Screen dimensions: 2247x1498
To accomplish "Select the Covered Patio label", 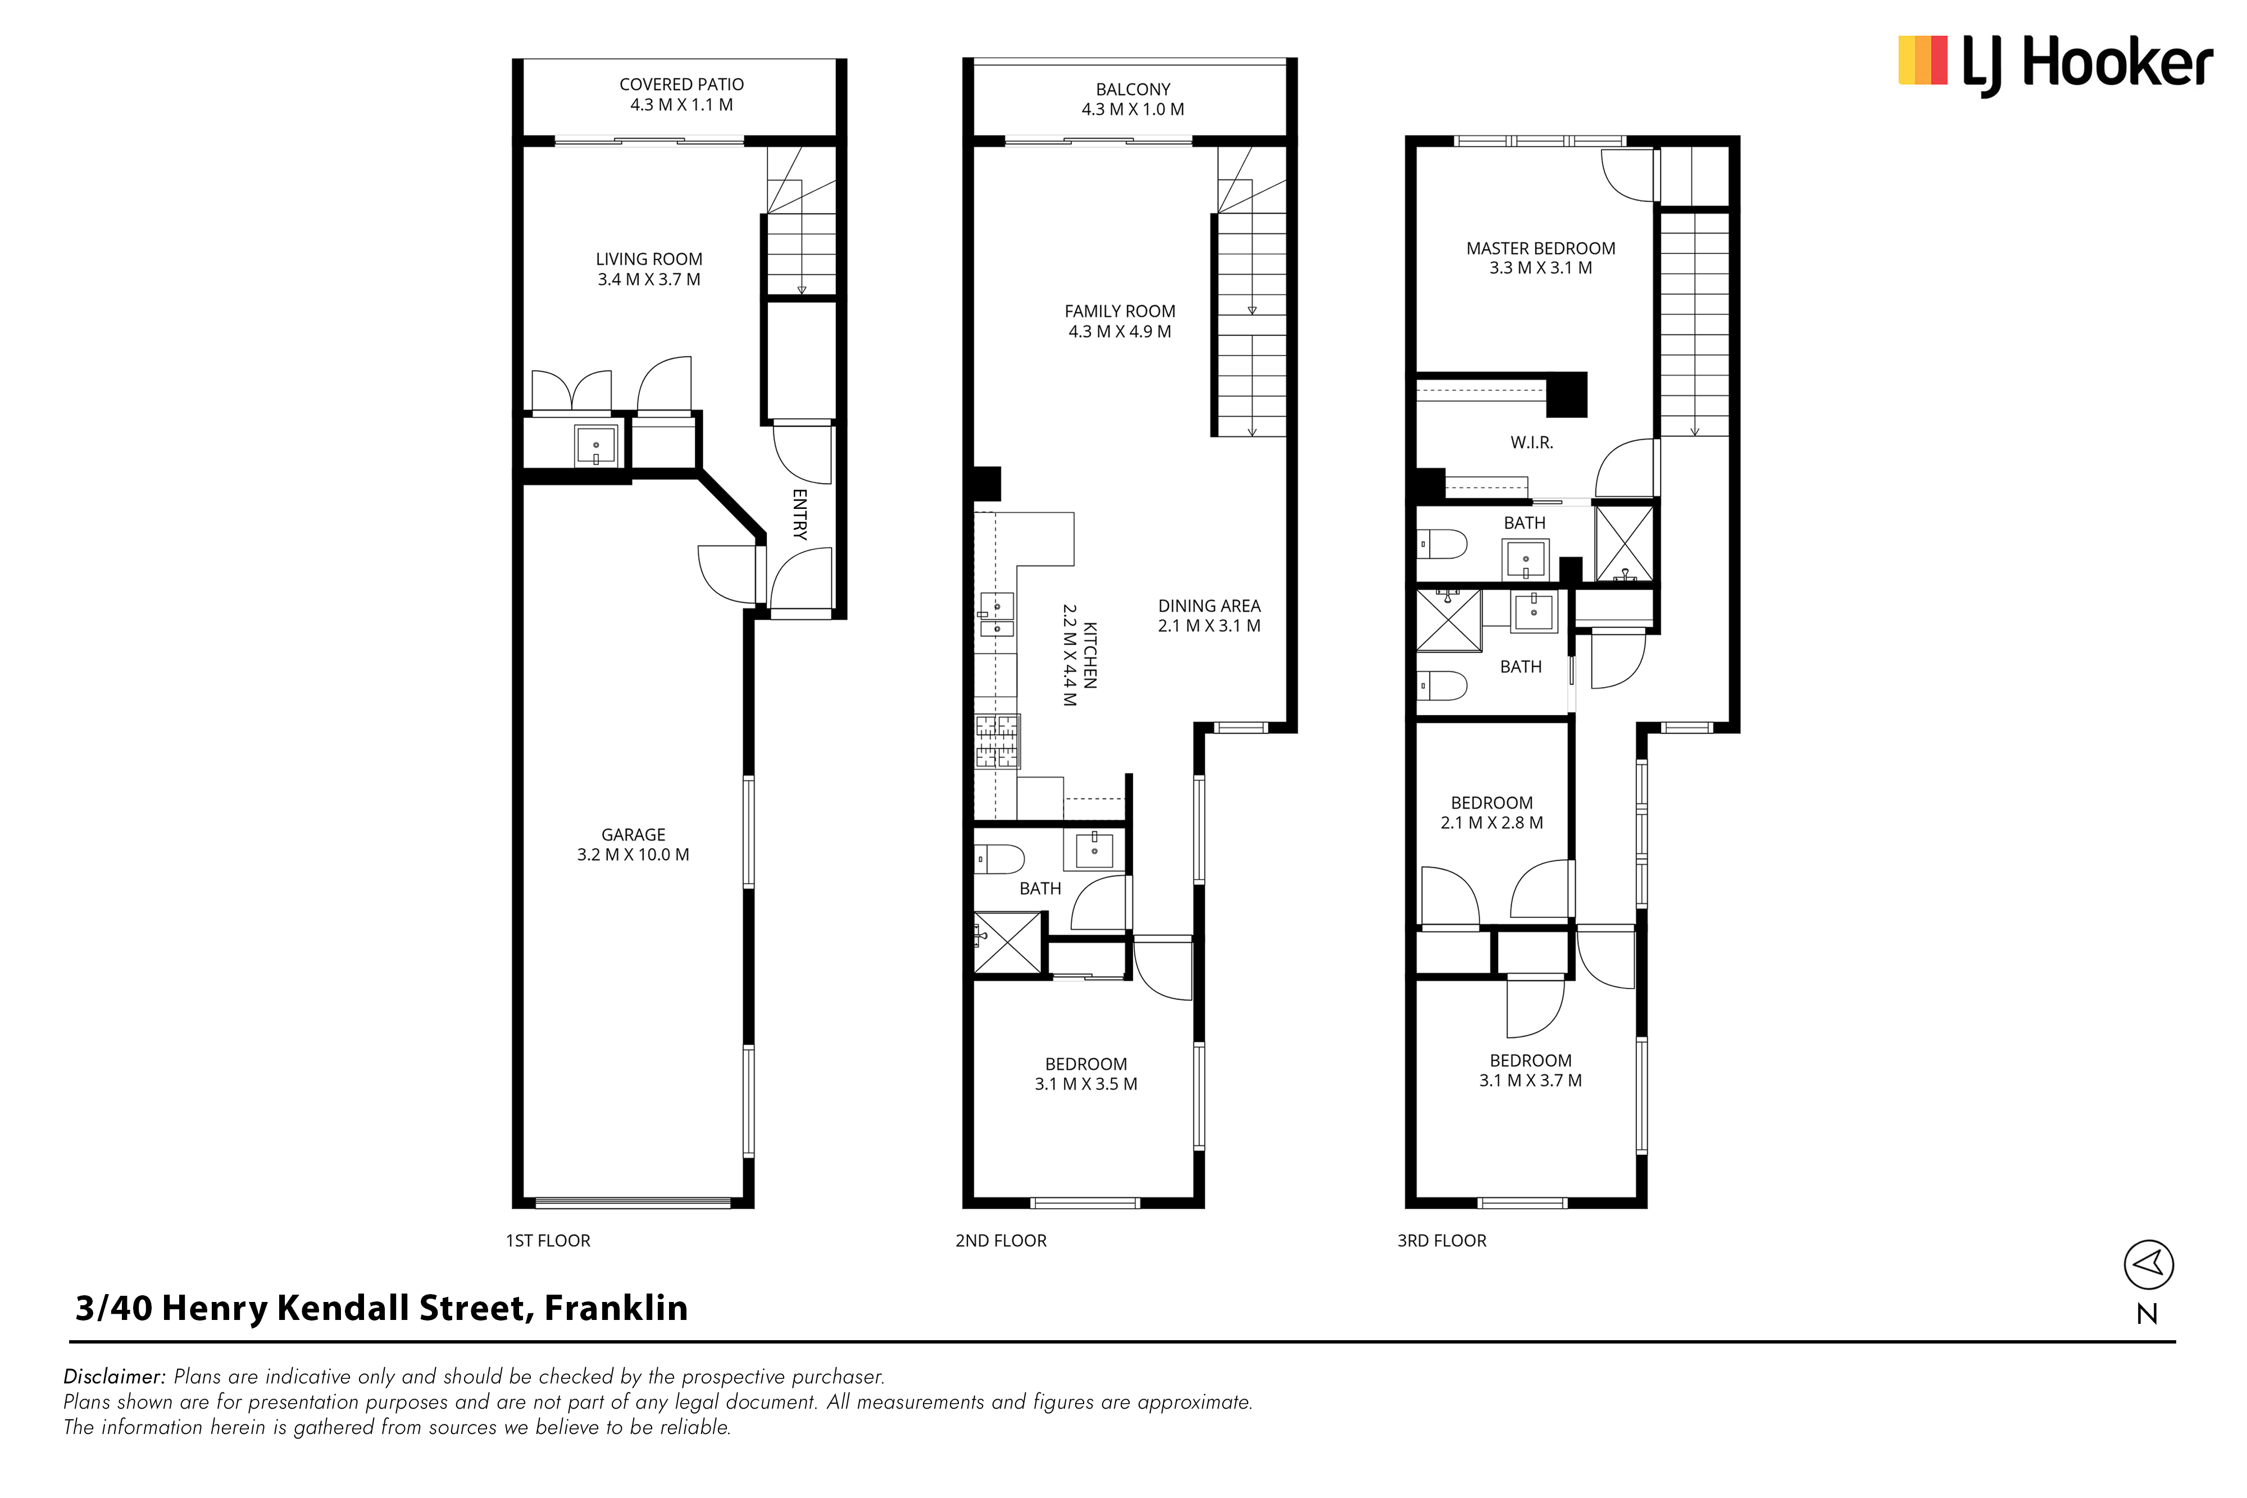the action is click(x=681, y=94).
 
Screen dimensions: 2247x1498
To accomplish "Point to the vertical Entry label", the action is click(x=799, y=514).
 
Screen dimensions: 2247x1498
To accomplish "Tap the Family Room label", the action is click(x=1120, y=321).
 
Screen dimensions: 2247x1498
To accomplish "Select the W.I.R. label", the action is click(x=1531, y=443).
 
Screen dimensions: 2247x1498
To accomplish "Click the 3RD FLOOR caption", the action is click(x=1441, y=1241).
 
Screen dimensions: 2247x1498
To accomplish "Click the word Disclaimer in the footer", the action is click(x=115, y=1377).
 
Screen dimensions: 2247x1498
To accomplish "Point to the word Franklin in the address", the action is click(x=616, y=1308).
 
